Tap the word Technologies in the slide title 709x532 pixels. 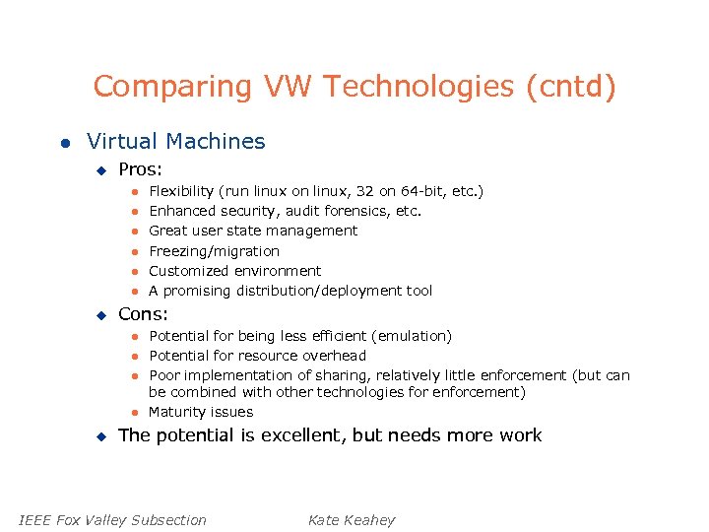coord(418,87)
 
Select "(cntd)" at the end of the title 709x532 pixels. coord(571,87)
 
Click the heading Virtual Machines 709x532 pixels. coord(176,142)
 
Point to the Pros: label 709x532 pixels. coord(140,170)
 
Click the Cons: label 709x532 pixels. coord(143,315)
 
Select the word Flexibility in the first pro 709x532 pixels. coord(180,191)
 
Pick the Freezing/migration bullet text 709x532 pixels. coord(214,251)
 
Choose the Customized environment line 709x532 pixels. coord(234,271)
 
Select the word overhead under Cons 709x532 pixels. coord(334,356)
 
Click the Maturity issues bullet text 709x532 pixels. coord(201,412)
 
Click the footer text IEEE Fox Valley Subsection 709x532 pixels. coord(113,520)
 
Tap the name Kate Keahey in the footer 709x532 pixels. coord(352,520)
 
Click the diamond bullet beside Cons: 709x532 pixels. coord(99,315)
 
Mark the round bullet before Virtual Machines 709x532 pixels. coord(64,143)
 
